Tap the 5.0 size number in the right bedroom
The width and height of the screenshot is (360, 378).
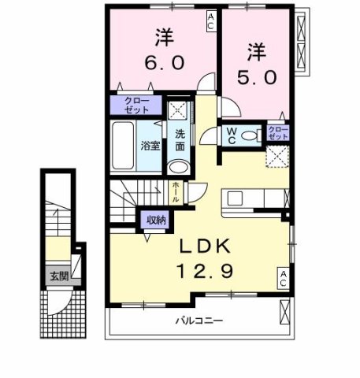tap(258, 79)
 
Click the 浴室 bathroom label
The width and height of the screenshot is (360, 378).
tap(150, 146)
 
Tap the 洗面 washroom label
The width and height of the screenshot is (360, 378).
tap(180, 140)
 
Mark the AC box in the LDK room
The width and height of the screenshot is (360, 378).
tap(282, 276)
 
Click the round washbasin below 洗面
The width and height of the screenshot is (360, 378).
tap(179, 167)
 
